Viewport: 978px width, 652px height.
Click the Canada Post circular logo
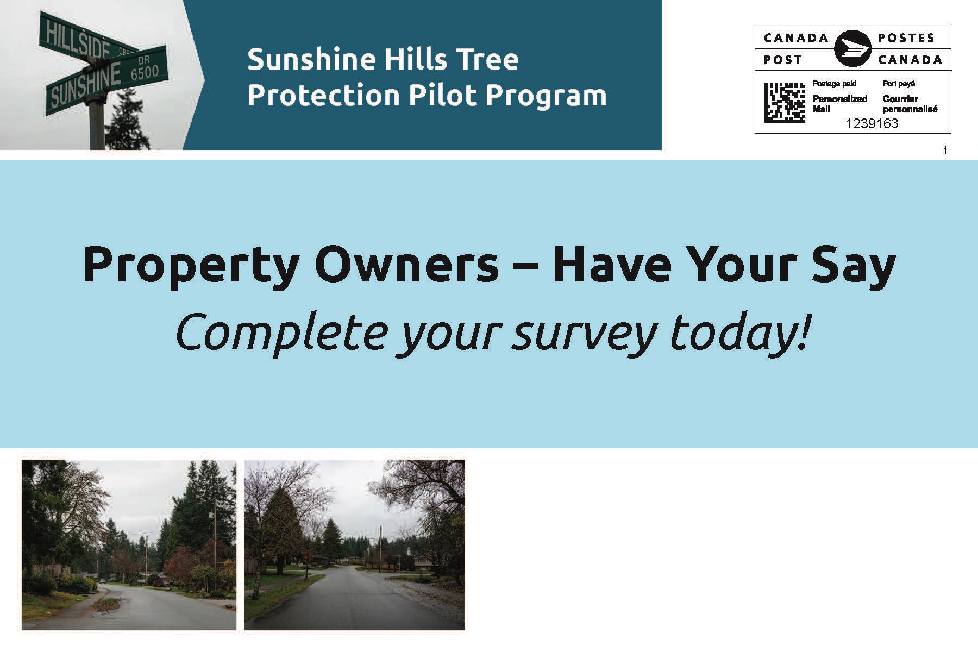point(852,48)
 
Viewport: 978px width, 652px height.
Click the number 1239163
point(872,124)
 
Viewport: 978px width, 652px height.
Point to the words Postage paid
point(834,84)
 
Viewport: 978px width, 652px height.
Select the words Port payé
point(899,84)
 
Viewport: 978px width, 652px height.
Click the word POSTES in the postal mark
point(906,38)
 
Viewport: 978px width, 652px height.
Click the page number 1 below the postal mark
point(945,150)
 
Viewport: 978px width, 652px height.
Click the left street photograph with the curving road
point(129,545)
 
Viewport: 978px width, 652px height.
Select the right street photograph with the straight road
point(354,545)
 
